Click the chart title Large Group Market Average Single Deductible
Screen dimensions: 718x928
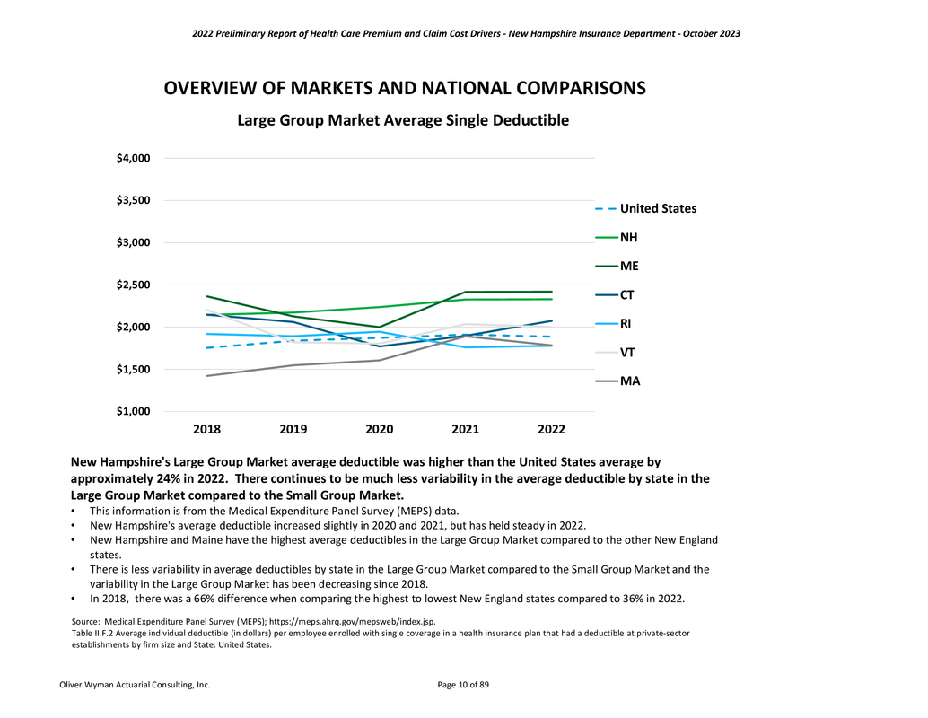point(402,120)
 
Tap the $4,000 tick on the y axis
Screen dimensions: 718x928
point(132,159)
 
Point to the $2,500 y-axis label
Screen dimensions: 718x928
point(132,285)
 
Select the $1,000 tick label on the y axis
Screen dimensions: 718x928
point(132,412)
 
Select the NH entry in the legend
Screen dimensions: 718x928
point(629,238)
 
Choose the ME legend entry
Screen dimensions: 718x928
point(629,267)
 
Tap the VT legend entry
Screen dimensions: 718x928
point(628,353)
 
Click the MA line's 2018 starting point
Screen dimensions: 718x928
point(208,376)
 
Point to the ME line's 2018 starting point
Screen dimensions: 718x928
point(208,296)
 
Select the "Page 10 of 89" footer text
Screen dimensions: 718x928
point(463,685)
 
